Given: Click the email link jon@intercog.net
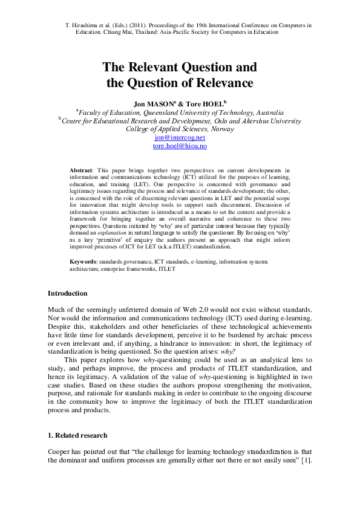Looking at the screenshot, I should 180,138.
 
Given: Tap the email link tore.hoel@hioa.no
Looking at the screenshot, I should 180,146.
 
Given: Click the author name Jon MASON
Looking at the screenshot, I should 154,103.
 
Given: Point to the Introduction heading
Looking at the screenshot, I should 68,293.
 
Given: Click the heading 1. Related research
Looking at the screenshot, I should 79,435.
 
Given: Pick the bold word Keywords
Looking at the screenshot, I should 83,261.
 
